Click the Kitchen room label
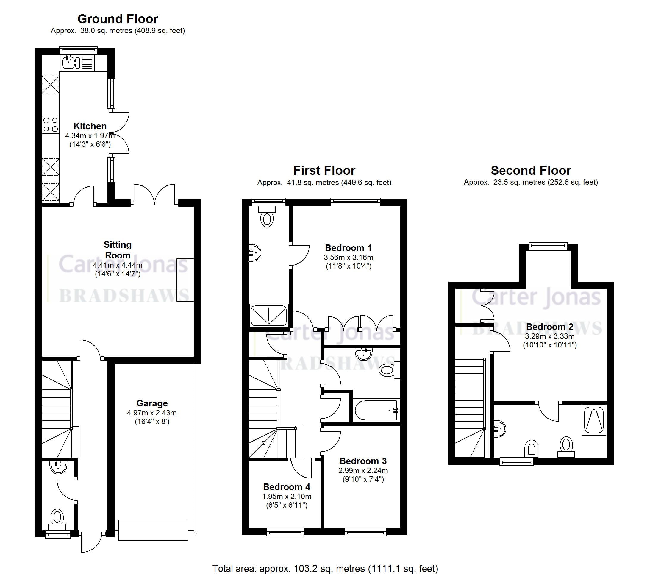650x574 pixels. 90,126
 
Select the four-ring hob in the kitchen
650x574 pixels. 51,124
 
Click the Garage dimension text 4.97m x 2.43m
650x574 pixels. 152,413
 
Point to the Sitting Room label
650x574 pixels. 118,250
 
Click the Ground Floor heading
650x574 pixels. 118,19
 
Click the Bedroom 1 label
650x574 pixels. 348,248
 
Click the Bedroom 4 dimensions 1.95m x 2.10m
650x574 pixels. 287,496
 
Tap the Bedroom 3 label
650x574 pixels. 363,461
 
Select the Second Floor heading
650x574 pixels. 531,171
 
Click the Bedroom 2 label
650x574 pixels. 549,327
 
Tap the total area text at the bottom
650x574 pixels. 325,568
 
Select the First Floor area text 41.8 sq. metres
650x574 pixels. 324,183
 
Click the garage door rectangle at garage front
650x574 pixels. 153,530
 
